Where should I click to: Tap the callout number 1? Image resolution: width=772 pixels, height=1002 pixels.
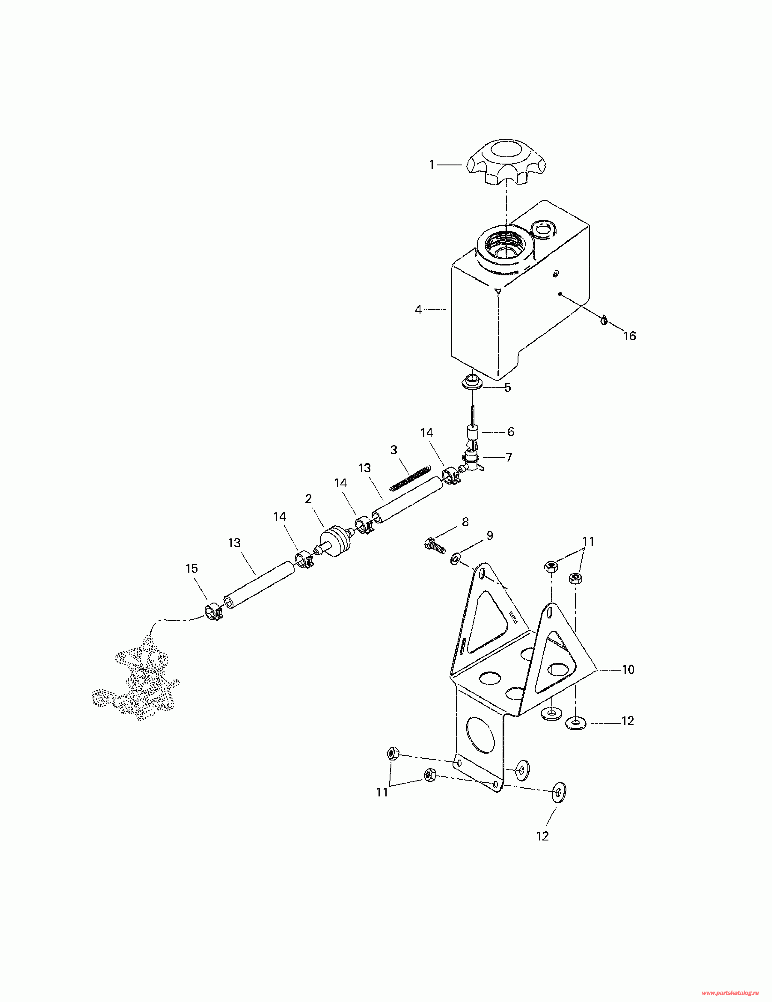coord(432,165)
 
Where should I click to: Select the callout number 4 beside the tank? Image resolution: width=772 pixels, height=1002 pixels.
coord(418,310)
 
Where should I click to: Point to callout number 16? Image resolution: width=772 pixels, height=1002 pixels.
coord(630,336)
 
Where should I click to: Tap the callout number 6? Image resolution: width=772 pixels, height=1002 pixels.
coord(511,432)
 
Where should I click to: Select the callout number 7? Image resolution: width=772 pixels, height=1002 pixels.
coord(509,458)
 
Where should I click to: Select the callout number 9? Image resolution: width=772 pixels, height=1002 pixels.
coord(490,536)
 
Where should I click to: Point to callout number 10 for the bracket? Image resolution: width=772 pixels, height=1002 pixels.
coord(628,670)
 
